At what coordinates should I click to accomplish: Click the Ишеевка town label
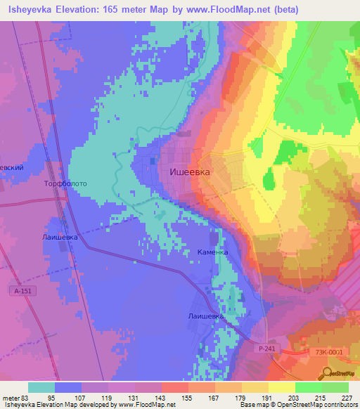point(191,171)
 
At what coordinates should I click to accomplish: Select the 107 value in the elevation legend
point(82,398)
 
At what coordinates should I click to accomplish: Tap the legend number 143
point(162,398)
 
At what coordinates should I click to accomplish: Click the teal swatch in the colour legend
point(41,387)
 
